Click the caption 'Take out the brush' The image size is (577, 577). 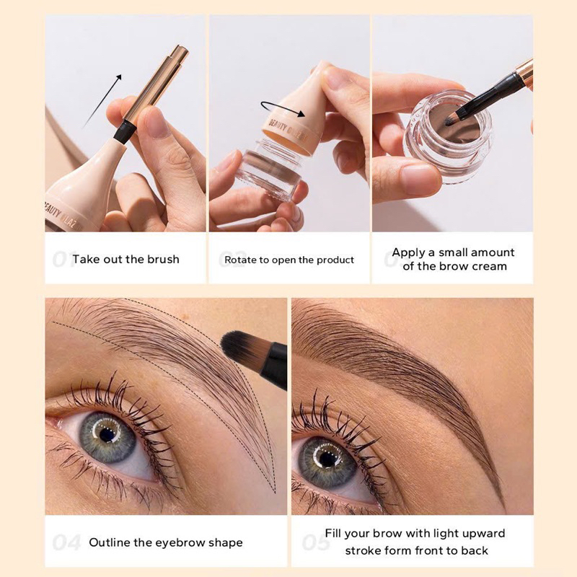click(125, 259)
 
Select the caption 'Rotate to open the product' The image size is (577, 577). click(289, 260)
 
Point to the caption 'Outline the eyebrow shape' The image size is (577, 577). click(165, 542)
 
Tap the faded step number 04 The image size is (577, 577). click(66, 542)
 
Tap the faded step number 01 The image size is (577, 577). click(63, 259)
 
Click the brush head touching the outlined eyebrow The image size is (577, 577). click(239, 351)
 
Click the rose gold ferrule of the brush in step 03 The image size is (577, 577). click(524, 72)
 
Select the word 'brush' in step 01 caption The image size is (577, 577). click(162, 259)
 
